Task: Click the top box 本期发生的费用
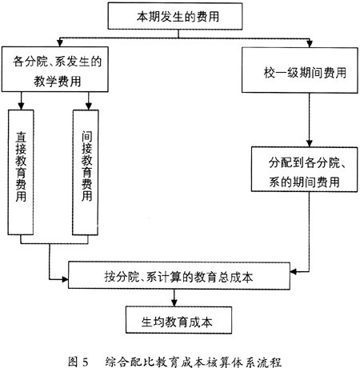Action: click(175, 16)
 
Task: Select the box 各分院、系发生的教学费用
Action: click(55, 70)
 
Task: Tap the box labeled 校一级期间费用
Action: click(300, 70)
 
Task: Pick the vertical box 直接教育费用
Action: click(21, 172)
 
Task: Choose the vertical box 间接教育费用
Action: click(86, 172)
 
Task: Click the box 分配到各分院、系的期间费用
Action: click(304, 170)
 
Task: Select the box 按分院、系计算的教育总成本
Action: click(179, 275)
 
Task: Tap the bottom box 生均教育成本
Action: click(178, 320)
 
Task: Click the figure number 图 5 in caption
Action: click(78, 362)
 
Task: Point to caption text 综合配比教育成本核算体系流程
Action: click(194, 362)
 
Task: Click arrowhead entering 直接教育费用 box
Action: click(21, 106)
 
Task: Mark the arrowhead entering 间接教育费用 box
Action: click(89, 106)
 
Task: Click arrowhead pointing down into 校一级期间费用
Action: click(310, 44)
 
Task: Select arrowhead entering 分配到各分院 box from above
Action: click(310, 143)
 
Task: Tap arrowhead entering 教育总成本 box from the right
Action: click(294, 272)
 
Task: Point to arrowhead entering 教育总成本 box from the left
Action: click(65, 279)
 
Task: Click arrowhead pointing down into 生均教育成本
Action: click(174, 303)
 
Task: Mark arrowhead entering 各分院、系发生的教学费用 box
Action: click(60, 43)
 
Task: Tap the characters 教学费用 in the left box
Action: click(58, 82)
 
